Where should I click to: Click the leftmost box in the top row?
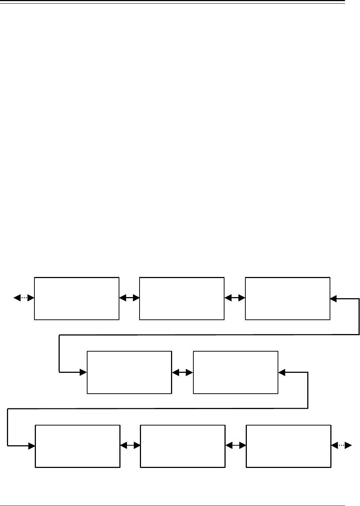(x=77, y=298)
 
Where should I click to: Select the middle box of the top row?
(x=182, y=298)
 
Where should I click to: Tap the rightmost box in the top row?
(x=287, y=298)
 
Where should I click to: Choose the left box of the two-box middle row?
(x=129, y=372)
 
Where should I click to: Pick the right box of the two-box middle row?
(x=235, y=372)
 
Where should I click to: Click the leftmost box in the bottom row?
(x=78, y=446)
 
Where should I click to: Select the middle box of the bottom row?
(x=182, y=446)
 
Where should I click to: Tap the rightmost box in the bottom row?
(x=289, y=446)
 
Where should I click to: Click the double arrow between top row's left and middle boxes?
(x=129, y=298)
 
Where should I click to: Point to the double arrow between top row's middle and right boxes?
(x=235, y=298)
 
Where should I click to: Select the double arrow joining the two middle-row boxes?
(x=182, y=372)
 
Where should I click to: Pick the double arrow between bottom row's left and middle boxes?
(x=130, y=446)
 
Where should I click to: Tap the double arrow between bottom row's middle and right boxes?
(x=235, y=446)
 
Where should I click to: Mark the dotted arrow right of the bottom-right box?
(x=341, y=446)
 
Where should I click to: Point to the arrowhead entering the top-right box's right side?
(x=333, y=299)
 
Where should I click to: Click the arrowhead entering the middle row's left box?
(x=83, y=372)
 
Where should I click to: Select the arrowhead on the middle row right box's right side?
(x=281, y=372)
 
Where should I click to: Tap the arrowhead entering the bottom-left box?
(x=31, y=446)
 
